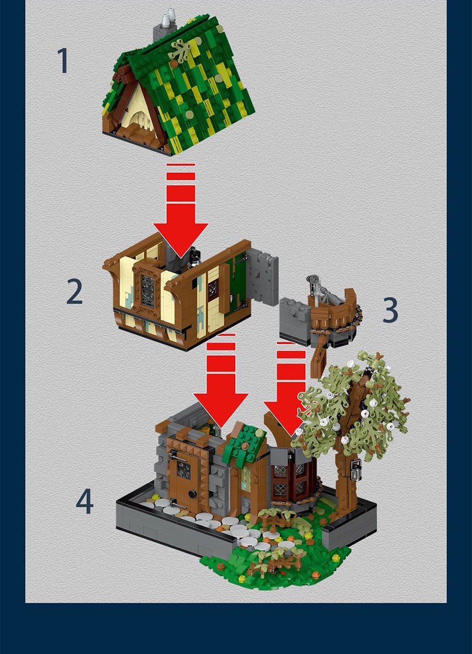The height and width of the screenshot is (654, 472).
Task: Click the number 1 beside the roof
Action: [x=62, y=61]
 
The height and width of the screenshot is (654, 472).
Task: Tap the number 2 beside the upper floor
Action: [x=74, y=292]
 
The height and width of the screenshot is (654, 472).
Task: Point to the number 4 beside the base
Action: [x=84, y=501]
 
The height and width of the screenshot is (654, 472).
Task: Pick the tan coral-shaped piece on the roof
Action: [x=182, y=50]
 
